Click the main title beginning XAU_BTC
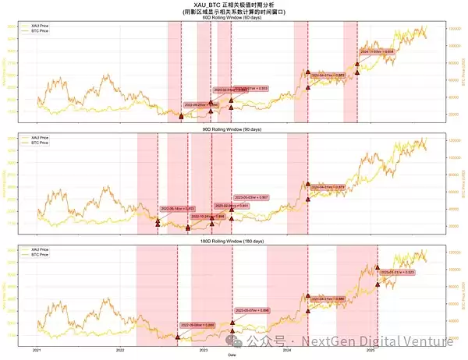[234, 5]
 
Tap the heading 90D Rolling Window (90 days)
[234, 129]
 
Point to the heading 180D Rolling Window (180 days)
[234, 244]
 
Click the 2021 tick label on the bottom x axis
[36, 350]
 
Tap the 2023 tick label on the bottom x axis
[204, 350]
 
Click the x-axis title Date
[232, 355]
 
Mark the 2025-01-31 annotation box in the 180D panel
[398, 272]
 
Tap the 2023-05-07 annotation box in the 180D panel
[251, 310]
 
